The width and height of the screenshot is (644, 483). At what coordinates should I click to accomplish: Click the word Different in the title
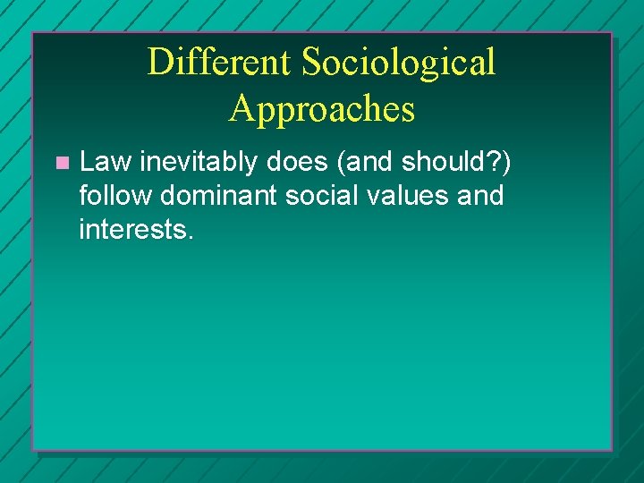tap(219, 63)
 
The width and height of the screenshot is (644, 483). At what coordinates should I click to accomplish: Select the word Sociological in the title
tap(399, 63)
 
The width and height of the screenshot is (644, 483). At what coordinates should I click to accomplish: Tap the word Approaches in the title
tap(322, 108)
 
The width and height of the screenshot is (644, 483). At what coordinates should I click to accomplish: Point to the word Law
tap(105, 162)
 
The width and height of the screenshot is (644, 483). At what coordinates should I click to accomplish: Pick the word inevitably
tap(197, 162)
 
